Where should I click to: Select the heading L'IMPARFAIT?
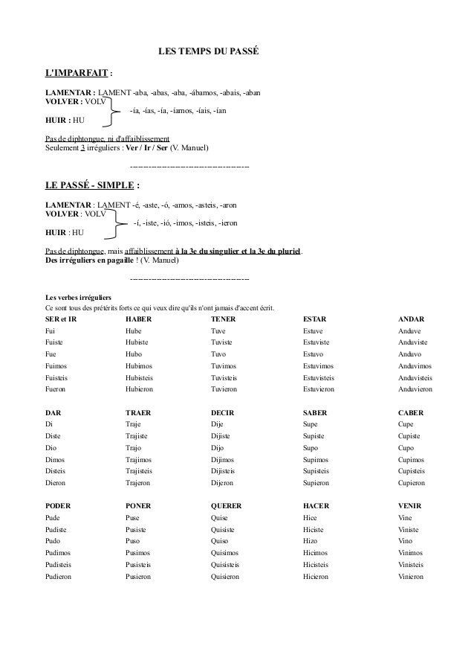(77, 74)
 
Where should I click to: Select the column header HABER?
(138, 319)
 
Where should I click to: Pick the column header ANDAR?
(411, 319)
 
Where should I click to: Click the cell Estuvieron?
(319, 389)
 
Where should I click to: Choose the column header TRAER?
(138, 412)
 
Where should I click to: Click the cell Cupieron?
(412, 483)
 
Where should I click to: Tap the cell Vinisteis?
(413, 565)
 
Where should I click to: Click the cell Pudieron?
(60, 576)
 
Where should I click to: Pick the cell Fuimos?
(55, 366)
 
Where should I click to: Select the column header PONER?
(138, 506)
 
